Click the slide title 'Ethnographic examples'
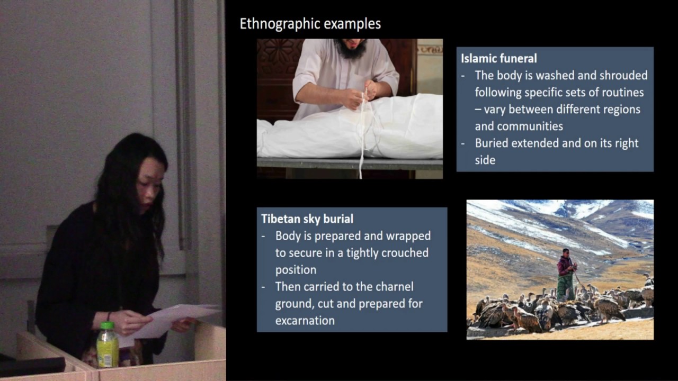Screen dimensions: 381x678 [x=310, y=24]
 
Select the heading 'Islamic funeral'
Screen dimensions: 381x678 [x=499, y=58]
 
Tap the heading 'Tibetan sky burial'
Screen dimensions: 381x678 [x=307, y=219]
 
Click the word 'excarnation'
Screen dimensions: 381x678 [x=305, y=320]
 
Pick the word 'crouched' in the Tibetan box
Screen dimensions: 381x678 [x=403, y=253]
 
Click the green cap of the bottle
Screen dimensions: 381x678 [x=107, y=325]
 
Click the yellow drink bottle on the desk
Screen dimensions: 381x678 [x=108, y=347]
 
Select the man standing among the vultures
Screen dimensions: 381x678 [x=566, y=274]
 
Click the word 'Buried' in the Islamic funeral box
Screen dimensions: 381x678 [x=492, y=143]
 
